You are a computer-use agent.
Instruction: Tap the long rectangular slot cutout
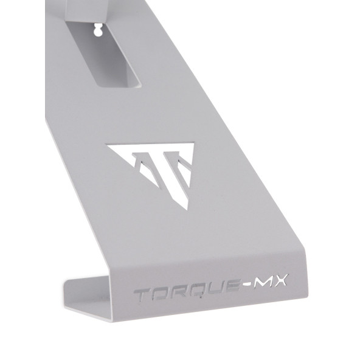pyautogui.click(x=103, y=54)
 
